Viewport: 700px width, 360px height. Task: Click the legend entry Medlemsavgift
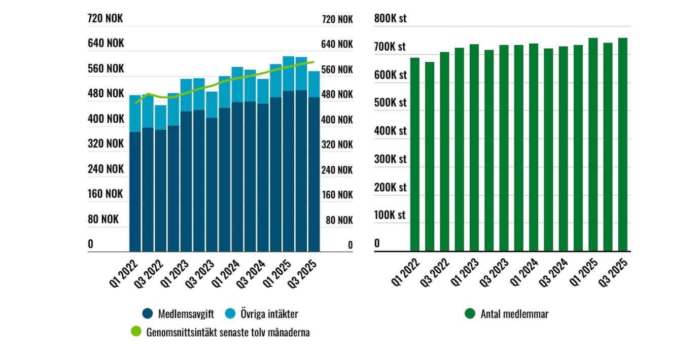186,314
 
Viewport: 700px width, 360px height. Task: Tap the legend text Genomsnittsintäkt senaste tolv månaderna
228,333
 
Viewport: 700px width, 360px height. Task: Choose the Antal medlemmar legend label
514,314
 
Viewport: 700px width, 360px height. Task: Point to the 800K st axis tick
390,19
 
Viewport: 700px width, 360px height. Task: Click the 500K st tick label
390,103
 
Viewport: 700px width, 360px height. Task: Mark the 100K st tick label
390,215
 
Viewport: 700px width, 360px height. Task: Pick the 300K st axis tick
390,159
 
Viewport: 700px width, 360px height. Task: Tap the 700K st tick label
390,47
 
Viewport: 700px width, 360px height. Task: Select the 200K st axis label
390,187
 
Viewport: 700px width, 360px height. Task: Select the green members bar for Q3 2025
622,145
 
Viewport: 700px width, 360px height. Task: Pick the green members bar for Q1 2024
534,148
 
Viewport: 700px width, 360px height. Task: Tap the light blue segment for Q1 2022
135,114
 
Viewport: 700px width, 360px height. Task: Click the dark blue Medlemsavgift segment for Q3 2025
314,174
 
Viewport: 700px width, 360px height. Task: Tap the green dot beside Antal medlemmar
470,314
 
